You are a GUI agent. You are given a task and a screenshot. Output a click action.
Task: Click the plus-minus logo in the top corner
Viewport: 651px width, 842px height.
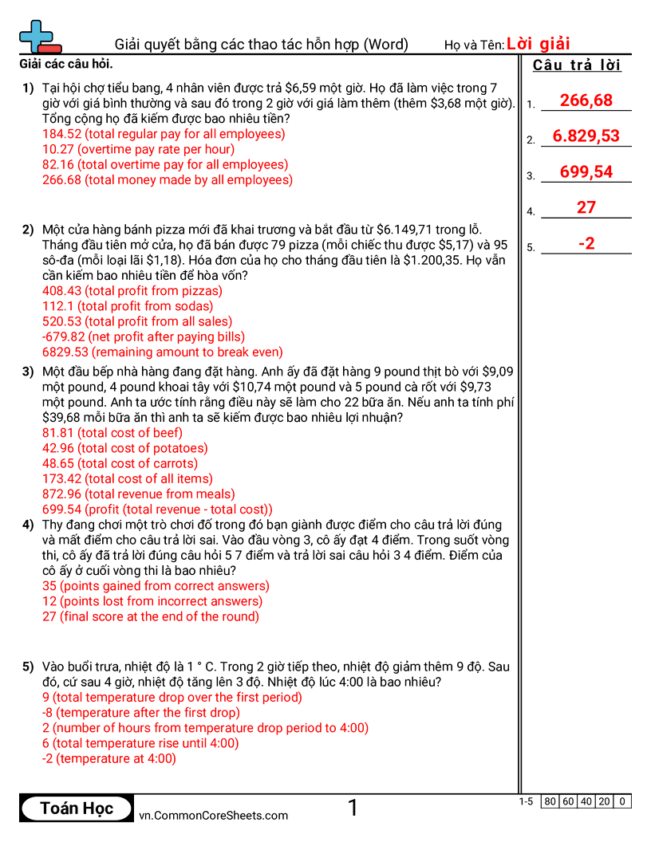point(39,37)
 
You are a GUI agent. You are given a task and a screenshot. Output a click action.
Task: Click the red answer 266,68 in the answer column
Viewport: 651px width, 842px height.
point(586,100)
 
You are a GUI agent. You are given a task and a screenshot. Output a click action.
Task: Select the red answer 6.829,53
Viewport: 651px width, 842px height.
point(586,136)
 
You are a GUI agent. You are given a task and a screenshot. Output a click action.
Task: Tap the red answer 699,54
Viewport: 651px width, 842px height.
point(586,171)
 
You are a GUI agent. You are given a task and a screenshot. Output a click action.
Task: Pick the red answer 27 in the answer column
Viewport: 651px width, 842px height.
point(586,207)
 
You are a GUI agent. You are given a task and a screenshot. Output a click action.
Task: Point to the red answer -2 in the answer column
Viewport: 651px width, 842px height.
point(586,243)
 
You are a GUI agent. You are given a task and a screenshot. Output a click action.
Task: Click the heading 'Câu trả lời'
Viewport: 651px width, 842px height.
point(577,65)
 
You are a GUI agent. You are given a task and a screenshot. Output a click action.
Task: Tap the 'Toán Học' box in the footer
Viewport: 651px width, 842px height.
point(77,808)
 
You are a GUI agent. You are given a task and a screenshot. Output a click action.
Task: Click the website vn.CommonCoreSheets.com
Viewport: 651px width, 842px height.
point(213,815)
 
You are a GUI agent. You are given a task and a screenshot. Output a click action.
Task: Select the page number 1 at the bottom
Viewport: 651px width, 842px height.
point(353,808)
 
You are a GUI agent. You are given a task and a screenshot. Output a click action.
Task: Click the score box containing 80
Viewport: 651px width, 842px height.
point(550,801)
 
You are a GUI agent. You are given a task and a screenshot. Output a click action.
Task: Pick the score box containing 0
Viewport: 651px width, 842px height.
point(622,801)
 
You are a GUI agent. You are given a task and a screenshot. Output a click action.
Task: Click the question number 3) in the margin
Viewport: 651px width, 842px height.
point(28,372)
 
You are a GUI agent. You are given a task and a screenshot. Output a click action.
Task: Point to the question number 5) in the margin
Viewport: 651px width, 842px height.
point(28,667)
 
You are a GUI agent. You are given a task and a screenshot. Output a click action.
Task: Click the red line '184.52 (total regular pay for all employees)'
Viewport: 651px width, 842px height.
point(164,134)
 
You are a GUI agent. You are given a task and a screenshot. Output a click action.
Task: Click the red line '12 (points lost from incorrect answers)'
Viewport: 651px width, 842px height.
point(152,601)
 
